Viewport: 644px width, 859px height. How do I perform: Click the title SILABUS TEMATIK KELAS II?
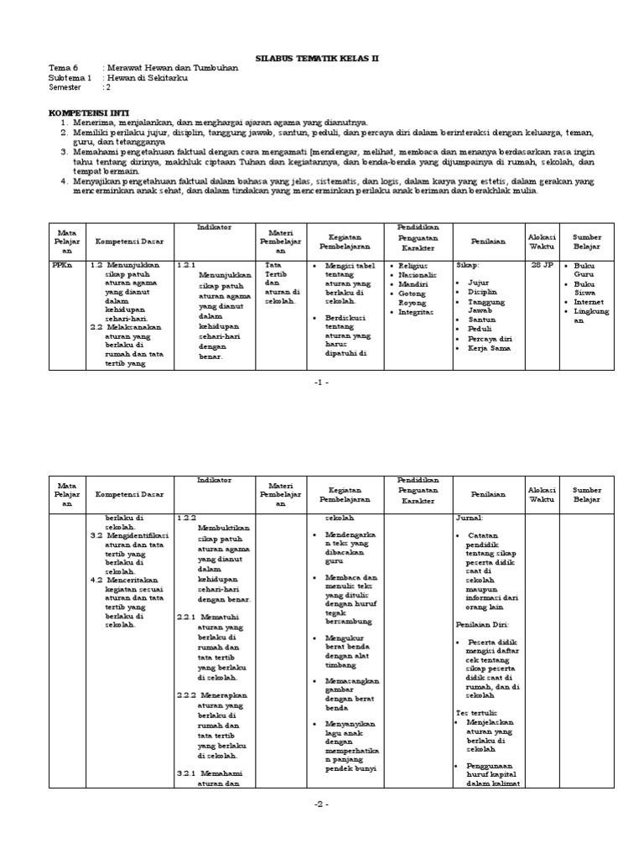pyautogui.click(x=317, y=59)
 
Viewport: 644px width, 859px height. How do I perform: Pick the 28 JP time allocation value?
pyautogui.click(x=541, y=264)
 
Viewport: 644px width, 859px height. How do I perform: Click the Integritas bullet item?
pyautogui.click(x=417, y=311)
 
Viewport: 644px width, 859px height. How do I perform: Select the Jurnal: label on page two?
pyautogui.click(x=470, y=518)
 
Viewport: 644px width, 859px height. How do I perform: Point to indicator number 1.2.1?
pyautogui.click(x=185, y=264)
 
